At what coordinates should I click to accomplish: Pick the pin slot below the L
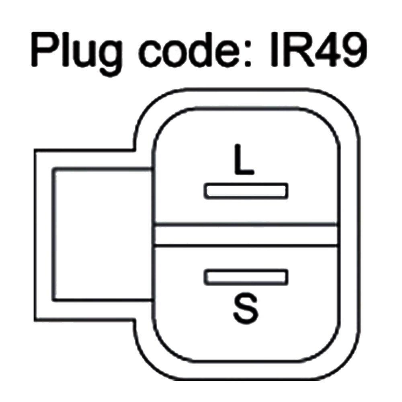[246, 191]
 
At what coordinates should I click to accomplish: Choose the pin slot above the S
[246, 277]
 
